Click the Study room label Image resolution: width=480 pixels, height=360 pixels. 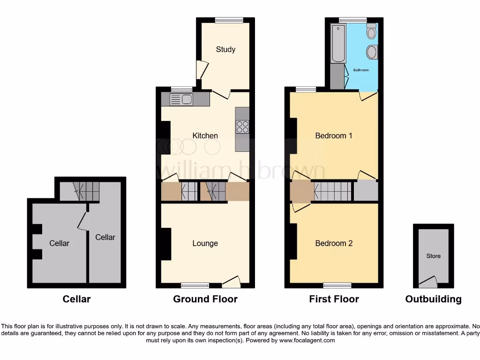225,49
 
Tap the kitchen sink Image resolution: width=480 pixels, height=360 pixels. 181,99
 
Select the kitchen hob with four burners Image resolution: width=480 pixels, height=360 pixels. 242,127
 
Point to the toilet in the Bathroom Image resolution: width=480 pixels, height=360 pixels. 372,31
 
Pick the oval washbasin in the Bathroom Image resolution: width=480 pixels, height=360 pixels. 372,52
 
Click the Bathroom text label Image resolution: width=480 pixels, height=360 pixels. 361,70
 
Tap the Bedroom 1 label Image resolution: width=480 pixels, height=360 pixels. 333,135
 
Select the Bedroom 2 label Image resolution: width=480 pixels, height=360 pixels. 333,243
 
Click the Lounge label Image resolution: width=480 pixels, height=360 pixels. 205,243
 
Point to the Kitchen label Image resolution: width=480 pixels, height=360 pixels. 205,135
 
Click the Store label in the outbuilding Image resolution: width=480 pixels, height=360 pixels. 433,256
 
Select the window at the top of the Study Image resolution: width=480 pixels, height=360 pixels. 229,20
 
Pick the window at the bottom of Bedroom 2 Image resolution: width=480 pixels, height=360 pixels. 337,285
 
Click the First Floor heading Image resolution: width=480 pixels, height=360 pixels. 334,299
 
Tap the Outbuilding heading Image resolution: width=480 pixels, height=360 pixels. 433,299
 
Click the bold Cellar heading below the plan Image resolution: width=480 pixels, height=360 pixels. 76,299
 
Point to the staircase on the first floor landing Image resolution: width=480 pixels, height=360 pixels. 332,191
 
